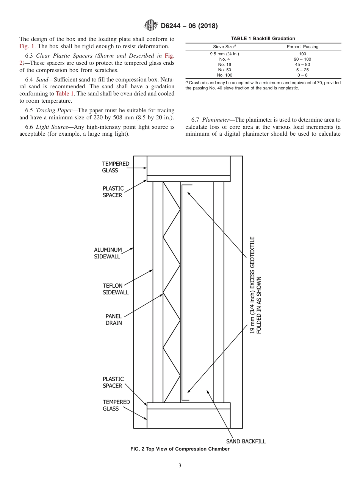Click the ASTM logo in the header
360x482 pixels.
pos(151,26)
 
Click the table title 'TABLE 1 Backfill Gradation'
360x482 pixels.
pos(263,39)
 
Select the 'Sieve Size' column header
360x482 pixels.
pos(224,47)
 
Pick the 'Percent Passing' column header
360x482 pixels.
pos(302,47)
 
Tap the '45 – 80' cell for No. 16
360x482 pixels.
pos(302,64)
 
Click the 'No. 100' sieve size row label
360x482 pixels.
pos(224,75)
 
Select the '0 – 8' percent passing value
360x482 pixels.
pos(302,75)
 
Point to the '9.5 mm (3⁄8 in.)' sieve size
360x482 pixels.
pos(224,54)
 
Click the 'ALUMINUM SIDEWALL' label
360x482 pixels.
pos(108,253)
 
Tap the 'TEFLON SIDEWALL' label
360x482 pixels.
pos(116,289)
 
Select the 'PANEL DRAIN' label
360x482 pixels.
pos(114,320)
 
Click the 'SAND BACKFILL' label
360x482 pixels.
pos(246,441)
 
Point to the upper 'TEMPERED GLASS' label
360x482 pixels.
pos(116,167)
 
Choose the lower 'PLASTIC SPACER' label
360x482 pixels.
pos(113,382)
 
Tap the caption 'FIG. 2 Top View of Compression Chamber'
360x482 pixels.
pos(180,449)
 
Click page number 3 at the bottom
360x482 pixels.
pos(180,466)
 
